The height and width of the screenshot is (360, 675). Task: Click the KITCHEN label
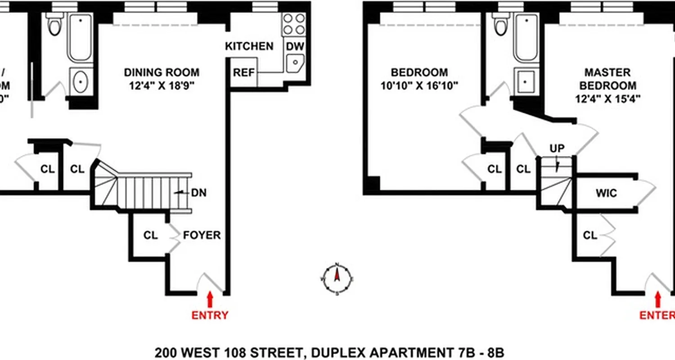[249, 46]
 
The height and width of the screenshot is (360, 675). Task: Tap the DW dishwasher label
[295, 46]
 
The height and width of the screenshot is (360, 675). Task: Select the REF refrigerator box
[243, 72]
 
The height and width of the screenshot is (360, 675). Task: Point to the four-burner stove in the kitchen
[294, 24]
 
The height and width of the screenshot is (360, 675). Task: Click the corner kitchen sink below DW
[295, 63]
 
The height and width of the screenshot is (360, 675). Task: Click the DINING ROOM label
[162, 72]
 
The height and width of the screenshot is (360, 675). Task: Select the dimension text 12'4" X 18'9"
[162, 85]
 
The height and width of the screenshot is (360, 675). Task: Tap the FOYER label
[202, 235]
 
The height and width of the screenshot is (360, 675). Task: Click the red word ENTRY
[210, 315]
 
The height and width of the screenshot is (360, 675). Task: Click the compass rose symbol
[337, 279]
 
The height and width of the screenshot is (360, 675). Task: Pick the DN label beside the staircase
[198, 193]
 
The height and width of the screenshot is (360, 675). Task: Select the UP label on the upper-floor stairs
[557, 148]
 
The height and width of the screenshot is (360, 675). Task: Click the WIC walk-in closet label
[606, 193]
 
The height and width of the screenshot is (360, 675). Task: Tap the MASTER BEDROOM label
[607, 79]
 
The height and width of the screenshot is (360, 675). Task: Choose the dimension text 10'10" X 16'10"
[419, 85]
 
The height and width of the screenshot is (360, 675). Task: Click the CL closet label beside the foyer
[151, 235]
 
